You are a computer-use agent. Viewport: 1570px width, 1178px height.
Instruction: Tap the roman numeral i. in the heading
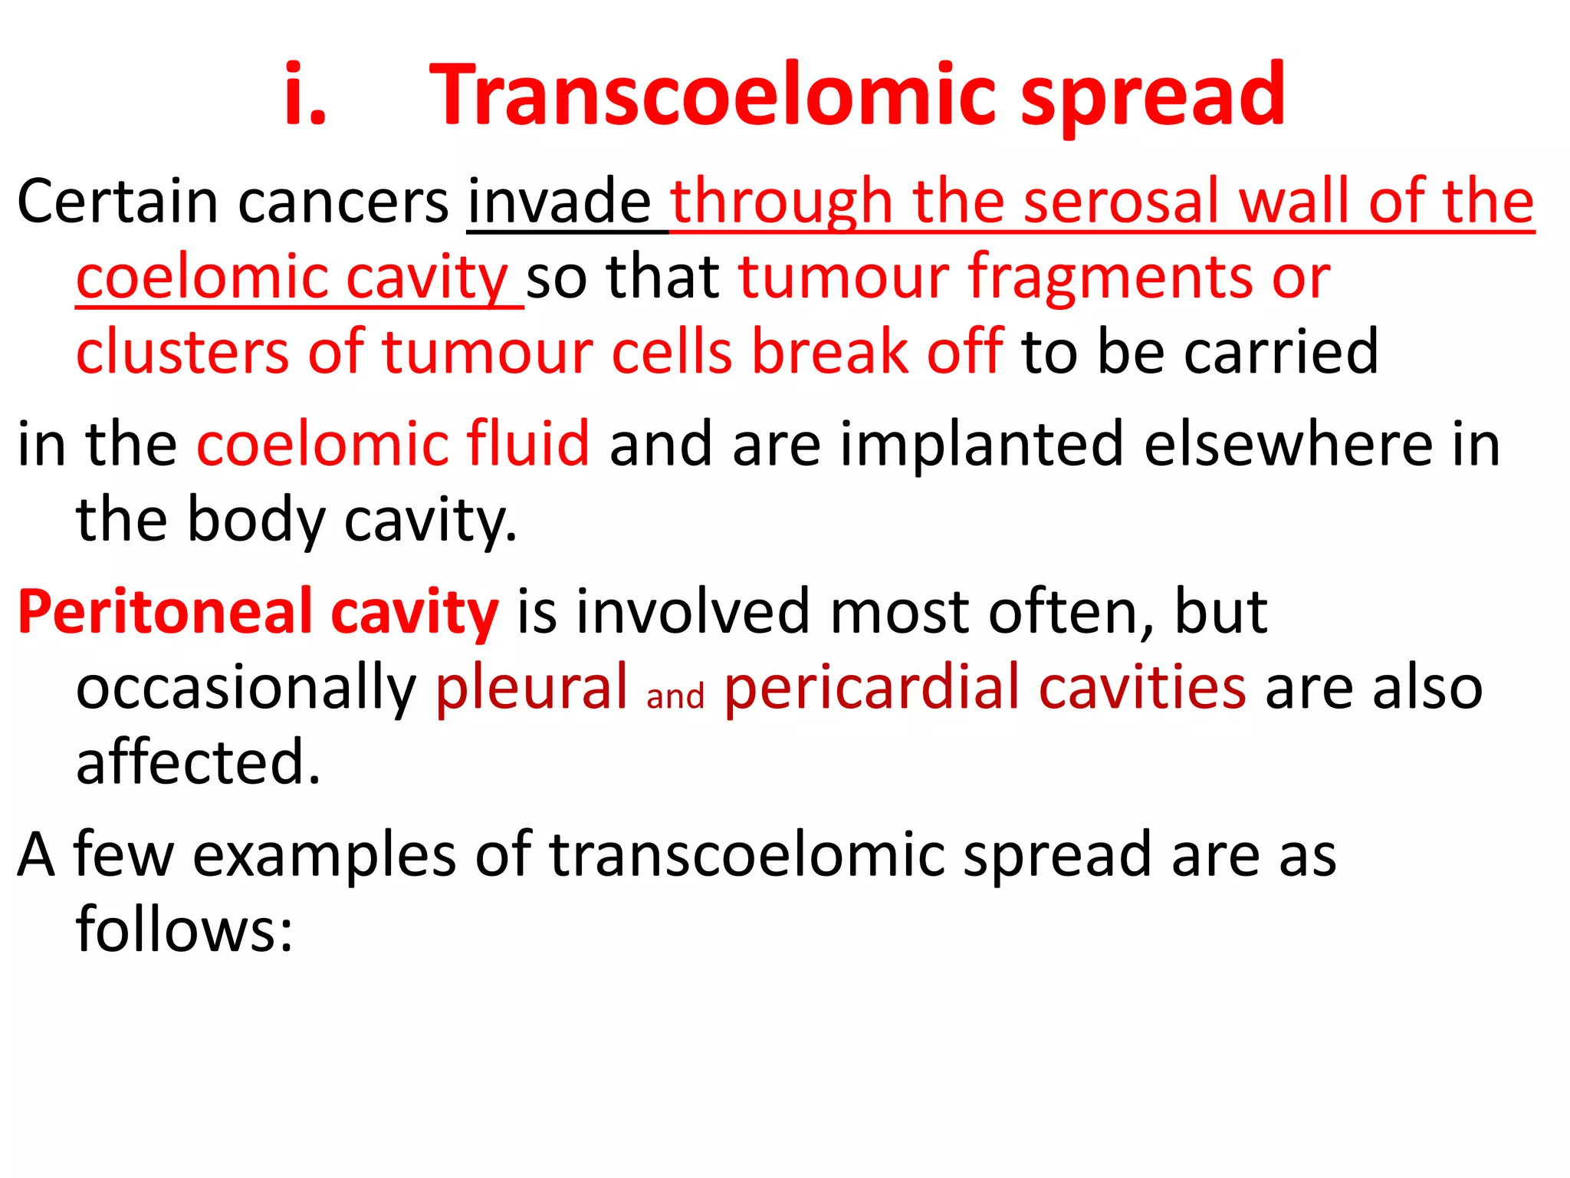point(305,95)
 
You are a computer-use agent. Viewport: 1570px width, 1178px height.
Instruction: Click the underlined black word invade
point(560,202)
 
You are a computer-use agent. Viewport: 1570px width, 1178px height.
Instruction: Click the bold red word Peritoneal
point(163,612)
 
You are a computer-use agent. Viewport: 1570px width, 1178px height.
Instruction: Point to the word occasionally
point(245,688)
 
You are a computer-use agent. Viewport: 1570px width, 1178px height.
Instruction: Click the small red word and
point(675,696)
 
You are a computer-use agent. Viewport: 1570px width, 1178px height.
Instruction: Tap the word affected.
point(198,762)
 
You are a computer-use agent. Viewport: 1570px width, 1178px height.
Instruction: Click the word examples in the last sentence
point(324,854)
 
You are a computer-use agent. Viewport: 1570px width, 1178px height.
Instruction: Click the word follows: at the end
point(184,930)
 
